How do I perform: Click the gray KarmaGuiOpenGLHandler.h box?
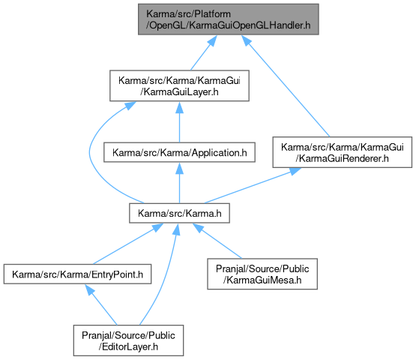point(228,19)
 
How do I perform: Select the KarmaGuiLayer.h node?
point(179,85)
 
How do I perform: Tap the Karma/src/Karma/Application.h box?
point(179,152)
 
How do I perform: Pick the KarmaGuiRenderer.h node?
point(343,152)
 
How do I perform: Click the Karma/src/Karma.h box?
point(179,213)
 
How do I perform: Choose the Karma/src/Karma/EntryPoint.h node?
point(77,274)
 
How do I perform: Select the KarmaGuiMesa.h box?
point(262,274)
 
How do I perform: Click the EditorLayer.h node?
point(128,340)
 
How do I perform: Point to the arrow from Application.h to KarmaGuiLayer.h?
point(179,121)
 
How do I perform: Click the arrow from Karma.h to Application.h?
point(179,183)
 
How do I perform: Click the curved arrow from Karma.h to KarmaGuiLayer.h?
point(90,154)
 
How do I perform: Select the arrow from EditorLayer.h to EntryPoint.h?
point(101,304)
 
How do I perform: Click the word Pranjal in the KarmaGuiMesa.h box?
point(231,268)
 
